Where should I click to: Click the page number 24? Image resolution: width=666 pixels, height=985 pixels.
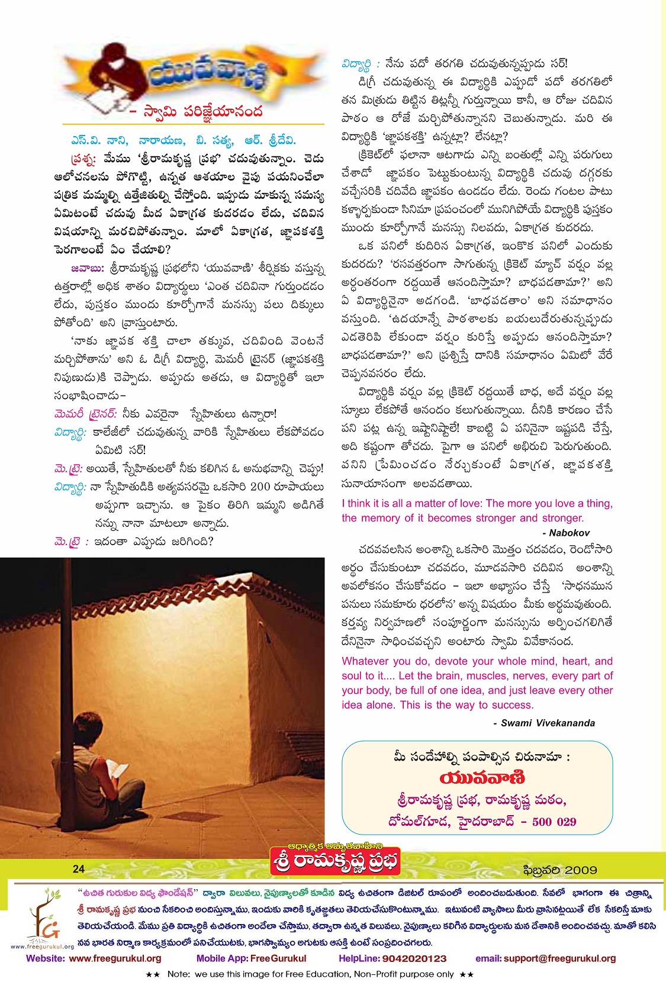(79, 869)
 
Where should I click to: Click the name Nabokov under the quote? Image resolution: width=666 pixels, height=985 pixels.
(569, 533)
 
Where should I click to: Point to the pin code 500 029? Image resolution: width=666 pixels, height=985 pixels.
(554, 822)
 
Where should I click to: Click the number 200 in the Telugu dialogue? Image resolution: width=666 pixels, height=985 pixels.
(260, 487)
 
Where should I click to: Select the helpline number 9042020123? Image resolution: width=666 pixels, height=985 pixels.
(414, 958)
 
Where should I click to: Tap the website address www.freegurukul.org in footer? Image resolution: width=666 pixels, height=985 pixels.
(115, 958)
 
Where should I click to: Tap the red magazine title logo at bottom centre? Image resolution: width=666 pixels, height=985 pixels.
(336, 861)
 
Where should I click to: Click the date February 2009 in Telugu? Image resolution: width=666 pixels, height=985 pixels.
(560, 870)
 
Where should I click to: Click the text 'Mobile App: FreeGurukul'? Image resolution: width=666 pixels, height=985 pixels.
(251, 958)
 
